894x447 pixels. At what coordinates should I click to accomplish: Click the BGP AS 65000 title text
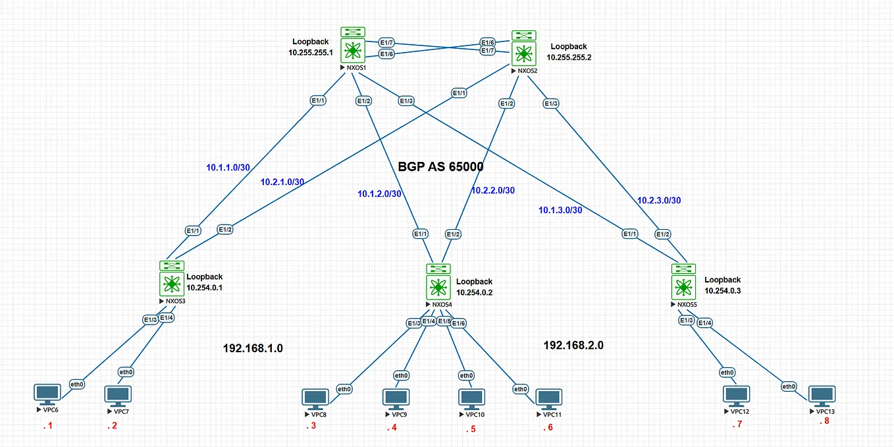tap(440, 167)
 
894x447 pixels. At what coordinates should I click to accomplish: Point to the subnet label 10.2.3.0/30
tap(658, 199)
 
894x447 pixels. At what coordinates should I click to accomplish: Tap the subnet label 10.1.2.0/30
tap(380, 194)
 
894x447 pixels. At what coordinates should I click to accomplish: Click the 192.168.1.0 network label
tap(253, 348)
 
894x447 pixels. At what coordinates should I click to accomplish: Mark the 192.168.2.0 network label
tap(573, 345)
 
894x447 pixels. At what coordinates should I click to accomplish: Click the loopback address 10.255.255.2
tap(569, 57)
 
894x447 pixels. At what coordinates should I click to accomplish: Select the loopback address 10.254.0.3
tap(722, 290)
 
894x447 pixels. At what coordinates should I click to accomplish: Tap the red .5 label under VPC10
tap(470, 430)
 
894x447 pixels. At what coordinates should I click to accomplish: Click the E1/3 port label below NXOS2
tap(550, 103)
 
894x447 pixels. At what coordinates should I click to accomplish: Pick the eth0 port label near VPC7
tap(126, 371)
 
